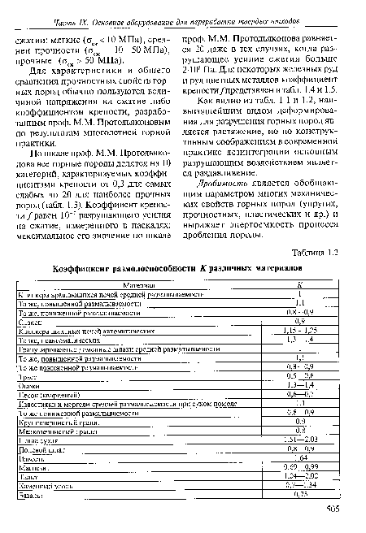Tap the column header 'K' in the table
298,284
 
